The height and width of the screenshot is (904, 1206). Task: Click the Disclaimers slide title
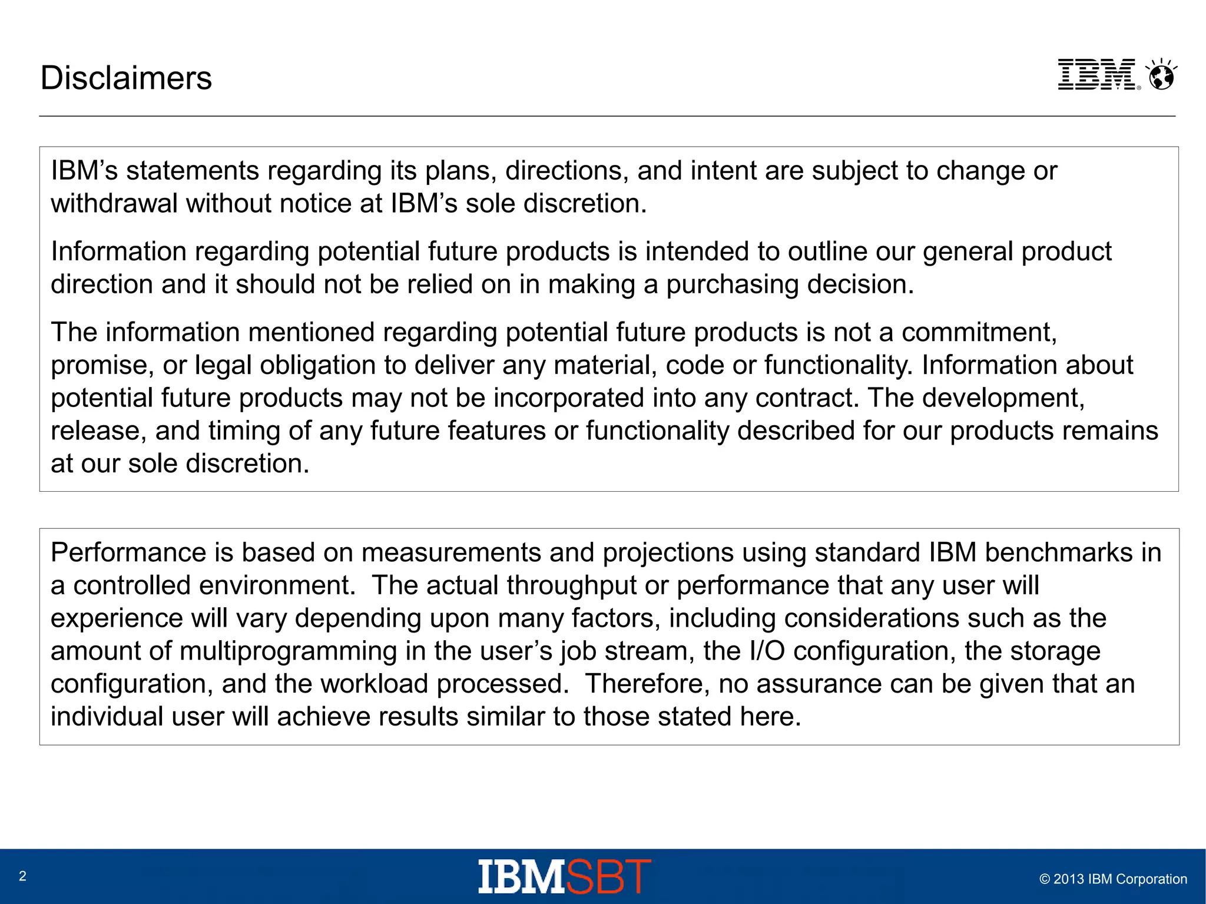pyautogui.click(x=126, y=78)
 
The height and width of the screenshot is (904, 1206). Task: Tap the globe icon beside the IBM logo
pyautogui.click(x=1162, y=76)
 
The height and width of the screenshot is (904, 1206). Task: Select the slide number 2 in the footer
pyautogui.click(x=23, y=876)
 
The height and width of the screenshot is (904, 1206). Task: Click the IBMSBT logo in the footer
pyautogui.click(x=564, y=876)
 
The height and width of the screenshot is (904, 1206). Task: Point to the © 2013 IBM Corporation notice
pyautogui.click(x=1113, y=879)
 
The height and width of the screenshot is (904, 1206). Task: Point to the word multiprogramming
pyautogui.click(x=288, y=651)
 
